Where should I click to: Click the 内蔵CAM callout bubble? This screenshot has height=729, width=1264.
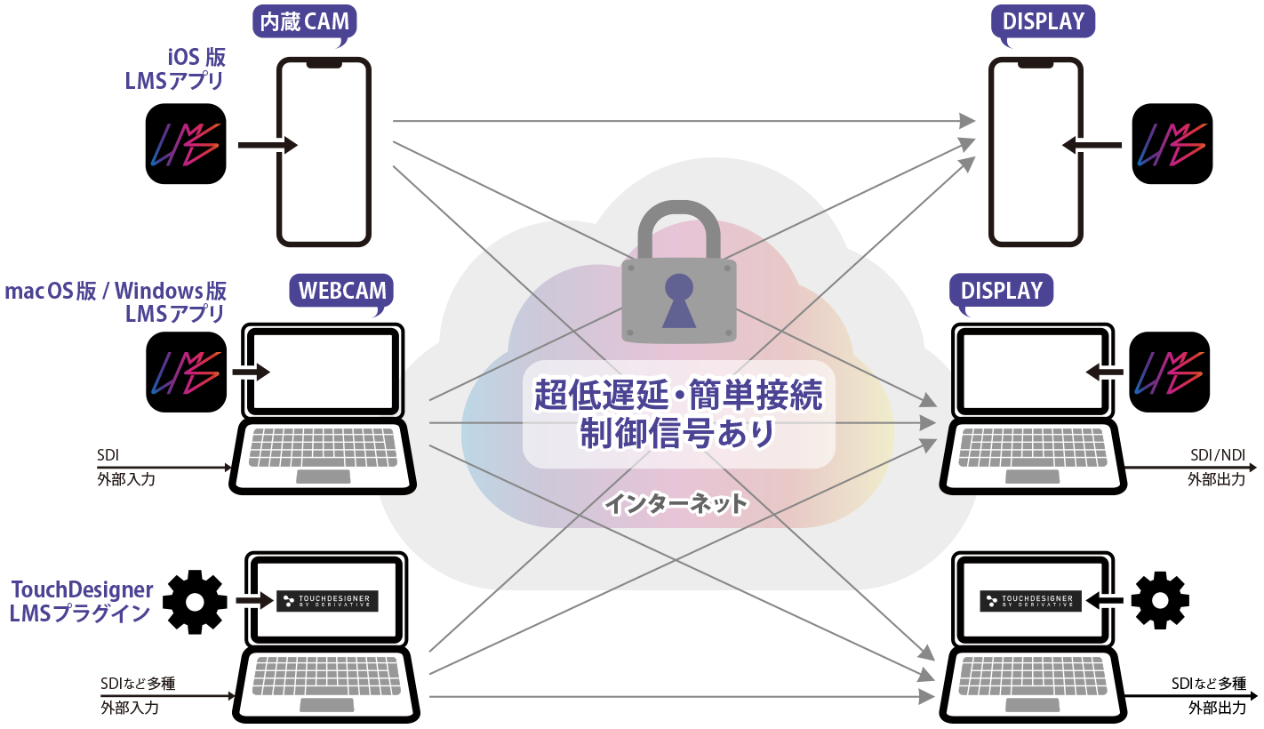[x=303, y=21]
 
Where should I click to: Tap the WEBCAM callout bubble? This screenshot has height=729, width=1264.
[x=342, y=291]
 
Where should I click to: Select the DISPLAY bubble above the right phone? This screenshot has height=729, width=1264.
[x=1043, y=21]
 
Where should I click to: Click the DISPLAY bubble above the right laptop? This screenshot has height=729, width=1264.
[x=1001, y=291]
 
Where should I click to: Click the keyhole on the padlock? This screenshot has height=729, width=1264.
[x=679, y=297]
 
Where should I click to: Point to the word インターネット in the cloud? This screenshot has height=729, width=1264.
[x=676, y=505]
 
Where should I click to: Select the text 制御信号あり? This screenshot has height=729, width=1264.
[x=678, y=433]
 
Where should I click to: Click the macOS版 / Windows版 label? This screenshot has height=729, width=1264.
[x=116, y=291]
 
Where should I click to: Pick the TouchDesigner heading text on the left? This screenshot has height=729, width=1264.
[x=82, y=589]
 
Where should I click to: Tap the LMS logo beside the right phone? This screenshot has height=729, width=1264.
[x=1173, y=145]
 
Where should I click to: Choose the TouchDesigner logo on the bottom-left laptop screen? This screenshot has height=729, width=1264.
[x=328, y=601]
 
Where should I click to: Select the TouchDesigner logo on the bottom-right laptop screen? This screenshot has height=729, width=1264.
[x=1031, y=601]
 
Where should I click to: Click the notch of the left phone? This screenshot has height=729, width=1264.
[x=323, y=64]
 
